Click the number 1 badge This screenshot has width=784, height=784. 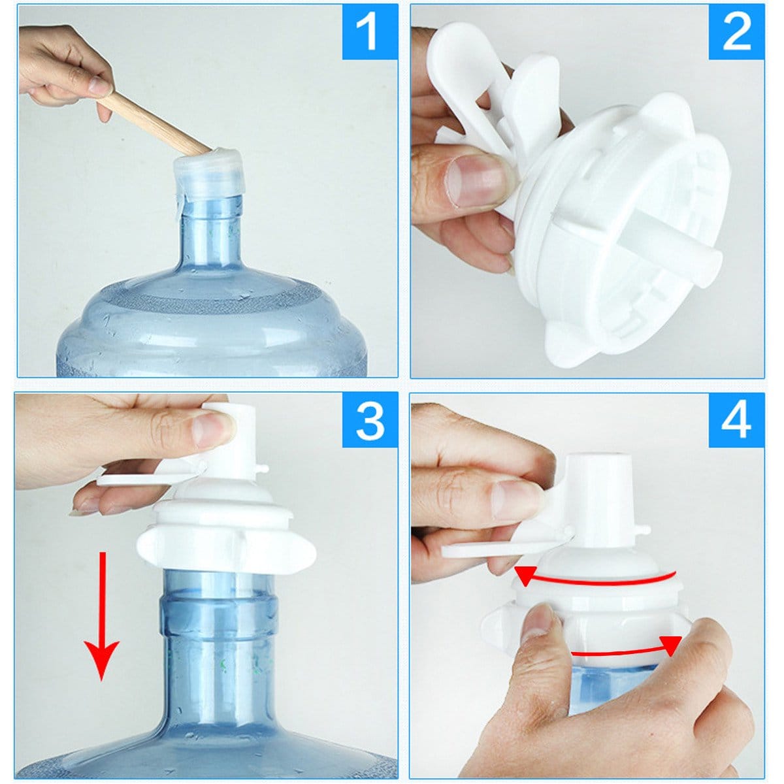click(x=370, y=32)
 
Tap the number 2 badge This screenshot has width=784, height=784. click(x=736, y=32)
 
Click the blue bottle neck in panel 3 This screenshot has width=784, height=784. click(x=216, y=647)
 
